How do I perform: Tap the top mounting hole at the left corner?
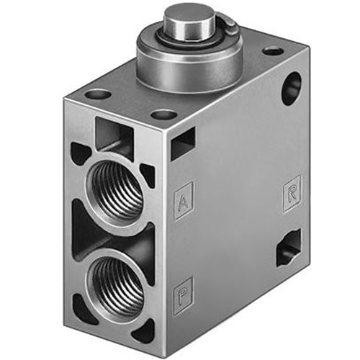(98, 94)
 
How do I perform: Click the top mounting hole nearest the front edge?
(163, 114)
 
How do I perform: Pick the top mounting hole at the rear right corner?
(273, 51)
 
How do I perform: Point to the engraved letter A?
(184, 196)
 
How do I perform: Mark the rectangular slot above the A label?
(183, 145)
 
